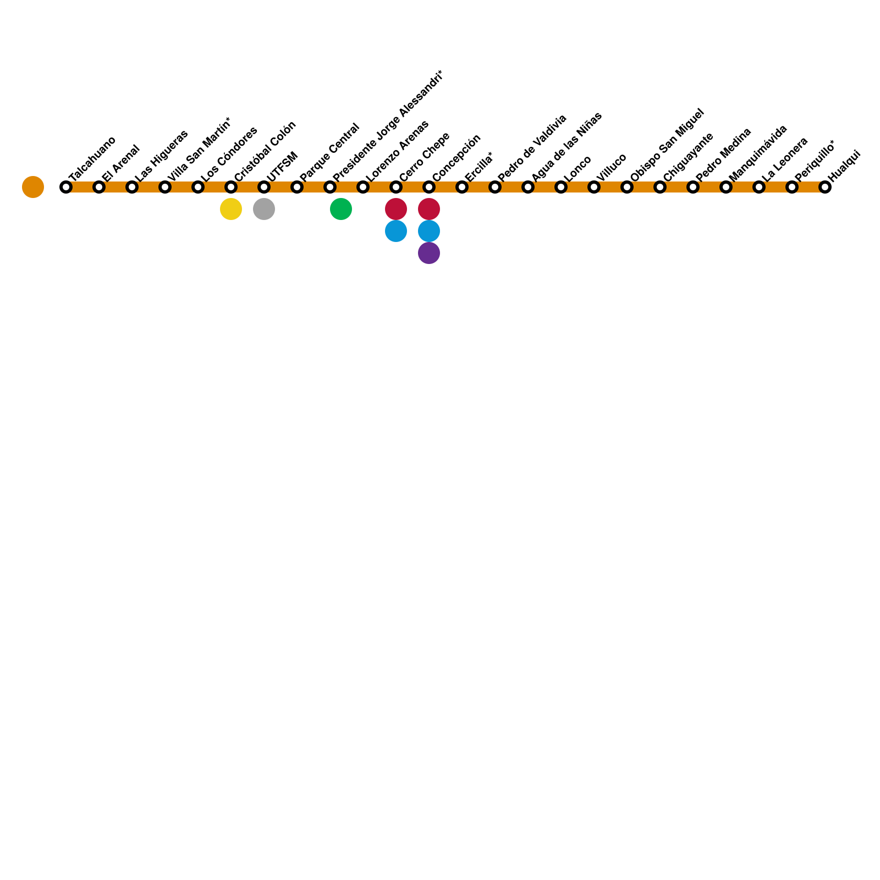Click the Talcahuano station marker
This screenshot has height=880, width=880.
coord(66,187)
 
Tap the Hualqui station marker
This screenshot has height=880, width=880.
coord(824,187)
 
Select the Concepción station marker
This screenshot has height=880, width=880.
coord(429,187)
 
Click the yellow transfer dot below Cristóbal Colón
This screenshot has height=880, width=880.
coord(231,209)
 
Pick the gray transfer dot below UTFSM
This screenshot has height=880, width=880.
coord(264,209)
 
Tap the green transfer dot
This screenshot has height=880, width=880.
coord(341,209)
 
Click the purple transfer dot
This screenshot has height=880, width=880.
coord(429,253)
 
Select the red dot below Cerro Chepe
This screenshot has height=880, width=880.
coord(396,209)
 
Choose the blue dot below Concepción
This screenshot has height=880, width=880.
coord(429,231)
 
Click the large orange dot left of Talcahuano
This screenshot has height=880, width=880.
coord(33,187)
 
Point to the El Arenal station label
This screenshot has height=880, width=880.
coord(121,163)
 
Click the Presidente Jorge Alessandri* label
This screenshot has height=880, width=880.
coord(387,126)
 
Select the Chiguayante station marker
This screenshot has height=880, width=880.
coord(660,187)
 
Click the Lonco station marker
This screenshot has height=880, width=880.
coord(561,187)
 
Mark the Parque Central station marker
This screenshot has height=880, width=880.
coord(297,187)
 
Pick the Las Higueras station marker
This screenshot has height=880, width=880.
coord(132,187)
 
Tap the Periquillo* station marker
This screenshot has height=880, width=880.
coord(792,187)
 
